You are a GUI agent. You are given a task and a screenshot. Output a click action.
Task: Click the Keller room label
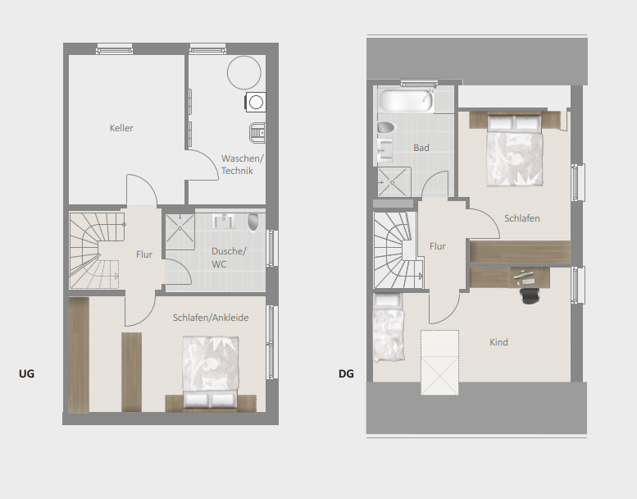tap(121, 128)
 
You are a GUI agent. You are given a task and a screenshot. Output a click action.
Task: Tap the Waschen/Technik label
tap(242, 164)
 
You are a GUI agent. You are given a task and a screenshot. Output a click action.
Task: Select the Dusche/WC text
tap(229, 258)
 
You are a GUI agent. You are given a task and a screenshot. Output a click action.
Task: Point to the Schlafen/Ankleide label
tap(211, 318)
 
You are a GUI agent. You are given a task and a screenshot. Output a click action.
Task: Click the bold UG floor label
tap(26, 373)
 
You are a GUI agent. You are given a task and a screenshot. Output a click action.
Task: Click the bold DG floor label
tap(346, 373)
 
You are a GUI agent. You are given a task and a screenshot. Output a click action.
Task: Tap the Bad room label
tap(421, 148)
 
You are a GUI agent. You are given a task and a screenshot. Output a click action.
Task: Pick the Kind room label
tap(498, 342)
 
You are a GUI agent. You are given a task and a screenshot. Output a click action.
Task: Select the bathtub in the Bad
tap(406, 100)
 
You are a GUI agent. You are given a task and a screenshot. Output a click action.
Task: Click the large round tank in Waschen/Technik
tap(243, 73)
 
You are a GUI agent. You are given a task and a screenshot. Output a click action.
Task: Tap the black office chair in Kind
tap(530, 295)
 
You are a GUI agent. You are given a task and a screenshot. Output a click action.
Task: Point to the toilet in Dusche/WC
tap(253, 222)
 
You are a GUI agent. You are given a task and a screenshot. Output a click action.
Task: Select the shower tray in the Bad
tap(392, 182)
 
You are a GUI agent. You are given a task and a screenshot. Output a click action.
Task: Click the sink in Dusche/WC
tap(224, 222)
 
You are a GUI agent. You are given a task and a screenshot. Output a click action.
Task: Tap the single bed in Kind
tap(389, 327)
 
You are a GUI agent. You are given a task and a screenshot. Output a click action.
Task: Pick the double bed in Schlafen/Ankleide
tap(210, 372)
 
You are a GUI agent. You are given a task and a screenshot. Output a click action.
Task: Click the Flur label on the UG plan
tap(144, 254)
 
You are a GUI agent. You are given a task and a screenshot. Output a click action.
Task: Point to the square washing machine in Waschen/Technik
tap(256, 102)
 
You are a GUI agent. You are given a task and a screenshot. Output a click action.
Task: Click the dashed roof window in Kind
tap(439, 363)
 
